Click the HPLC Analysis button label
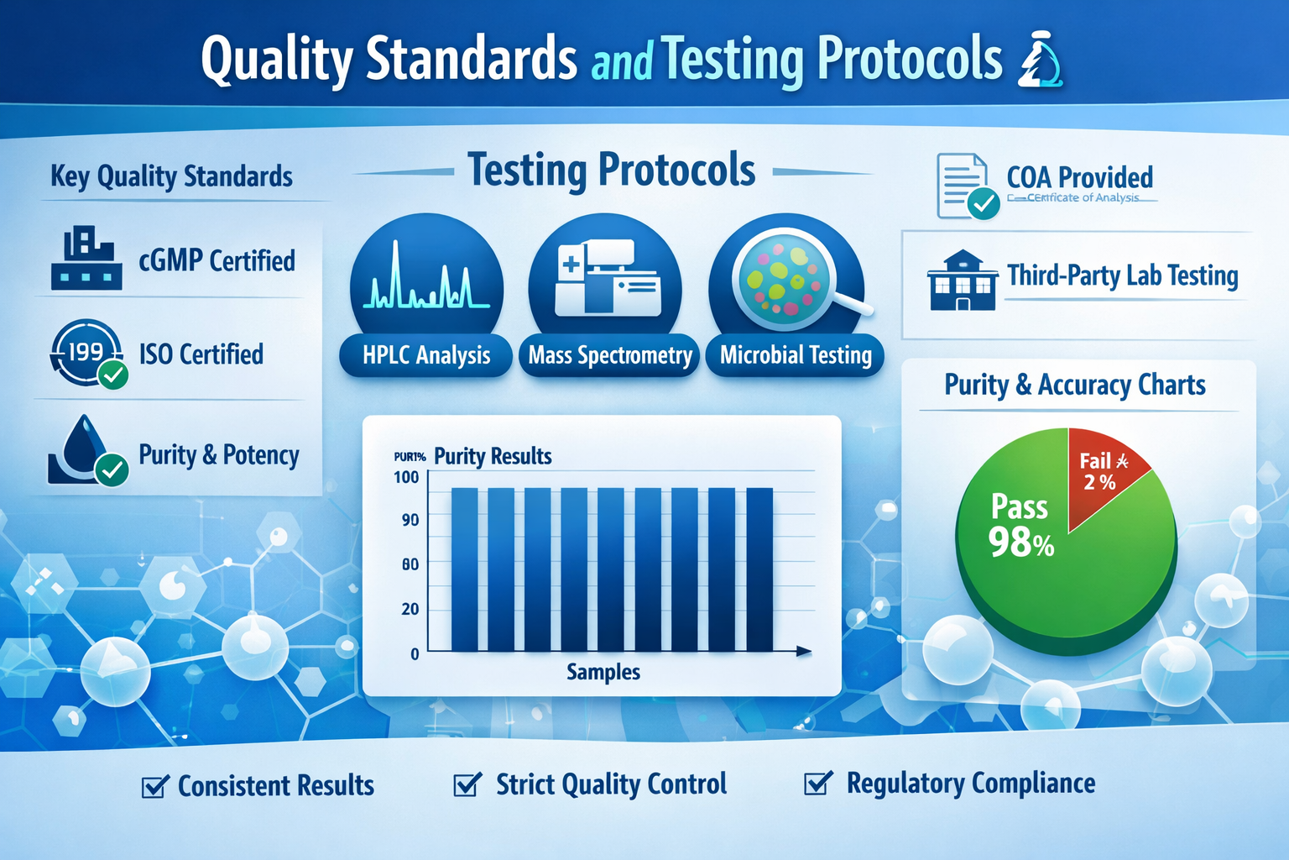tap(426, 355)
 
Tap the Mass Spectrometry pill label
tap(610, 355)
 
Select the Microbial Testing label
tap(796, 355)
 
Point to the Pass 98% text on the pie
tap(1020, 526)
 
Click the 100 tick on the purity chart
tap(406, 477)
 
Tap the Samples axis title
tap(603, 672)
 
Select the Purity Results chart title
tap(493, 456)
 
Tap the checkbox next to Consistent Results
tap(154, 786)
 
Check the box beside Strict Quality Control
tap(467, 784)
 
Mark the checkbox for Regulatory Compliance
tap(817, 783)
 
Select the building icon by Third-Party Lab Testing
tap(963, 281)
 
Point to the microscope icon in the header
tap(1040, 60)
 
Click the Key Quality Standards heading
tap(171, 176)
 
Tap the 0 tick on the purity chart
tap(415, 653)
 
